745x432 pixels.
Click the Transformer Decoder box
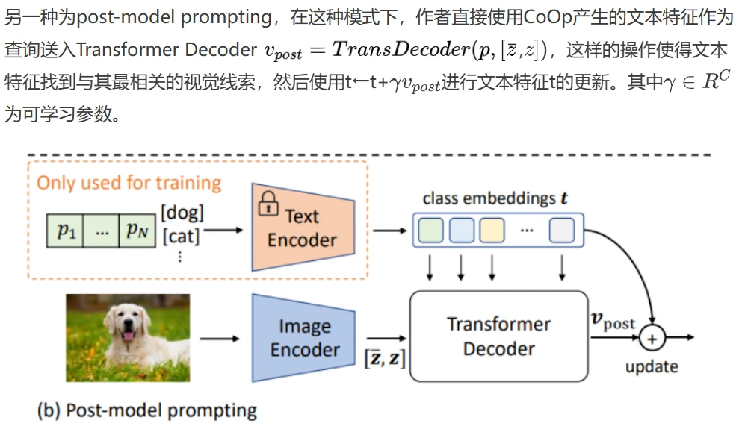498,336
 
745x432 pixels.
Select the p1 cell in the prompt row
67,231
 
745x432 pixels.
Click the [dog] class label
182,213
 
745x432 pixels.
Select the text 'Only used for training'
129,183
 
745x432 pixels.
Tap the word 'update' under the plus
652,366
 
